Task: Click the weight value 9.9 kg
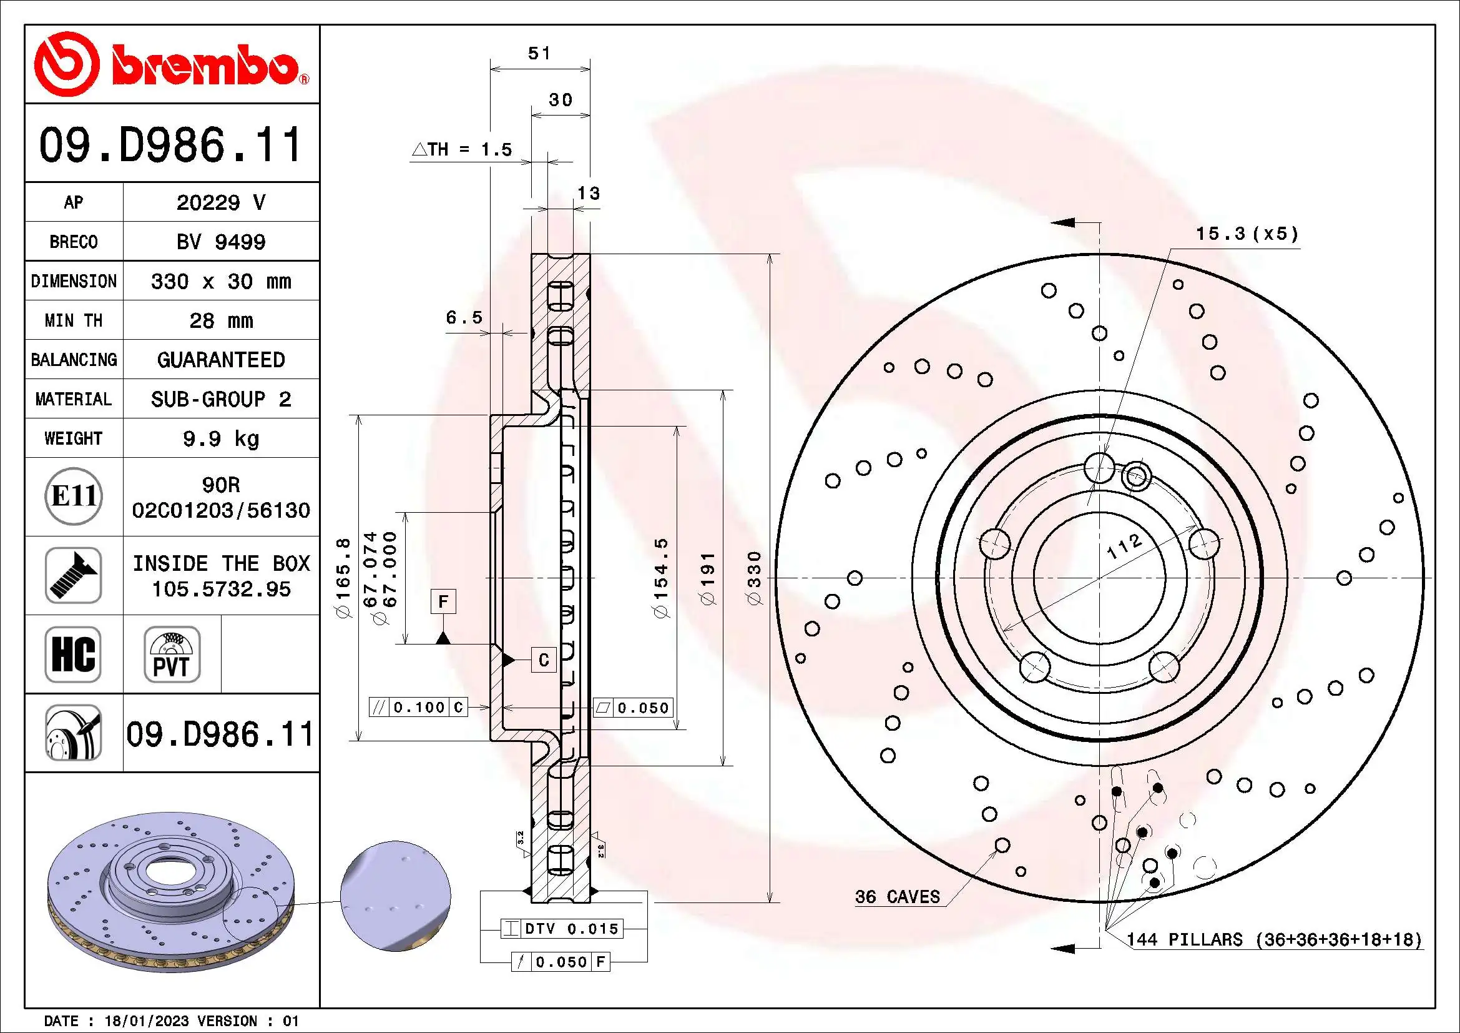[x=220, y=439]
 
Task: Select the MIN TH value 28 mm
[x=220, y=320]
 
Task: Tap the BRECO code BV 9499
[x=220, y=242]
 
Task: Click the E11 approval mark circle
[x=74, y=496]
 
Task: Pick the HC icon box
[x=73, y=655]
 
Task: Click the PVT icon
[x=172, y=655]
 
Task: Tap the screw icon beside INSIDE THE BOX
[x=73, y=575]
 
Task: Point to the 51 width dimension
[x=539, y=54]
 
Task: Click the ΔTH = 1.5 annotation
[x=463, y=149]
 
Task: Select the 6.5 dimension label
[x=464, y=317]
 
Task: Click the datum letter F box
[x=443, y=601]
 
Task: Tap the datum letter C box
[x=544, y=660]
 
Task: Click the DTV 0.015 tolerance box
[x=562, y=929]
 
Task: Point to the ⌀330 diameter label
[x=753, y=578]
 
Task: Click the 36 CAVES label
[x=897, y=897]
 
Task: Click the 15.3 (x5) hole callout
[x=1247, y=234]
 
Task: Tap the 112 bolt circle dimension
[x=1124, y=546]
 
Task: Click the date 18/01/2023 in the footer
[x=146, y=1021]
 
